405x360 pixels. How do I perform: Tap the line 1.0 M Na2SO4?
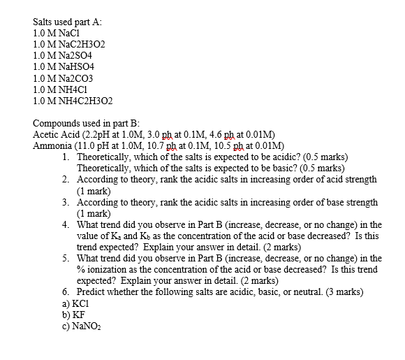62,55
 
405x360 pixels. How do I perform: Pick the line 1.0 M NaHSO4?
63,66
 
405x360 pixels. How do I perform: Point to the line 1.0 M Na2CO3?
62,78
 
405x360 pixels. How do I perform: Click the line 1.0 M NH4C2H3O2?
73,101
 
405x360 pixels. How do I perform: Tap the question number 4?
65,225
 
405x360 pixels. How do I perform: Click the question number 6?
65,292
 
